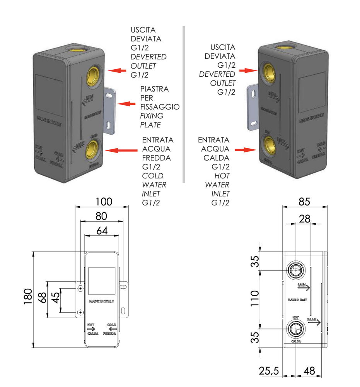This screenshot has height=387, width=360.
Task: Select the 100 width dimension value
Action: click(104, 202)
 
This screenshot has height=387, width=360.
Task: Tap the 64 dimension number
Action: click(102, 231)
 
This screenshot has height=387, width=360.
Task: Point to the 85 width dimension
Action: click(305, 202)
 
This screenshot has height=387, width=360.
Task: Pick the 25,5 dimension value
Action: click(269, 371)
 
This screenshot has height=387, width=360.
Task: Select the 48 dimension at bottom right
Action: click(309, 371)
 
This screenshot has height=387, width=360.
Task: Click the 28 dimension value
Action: click(305, 219)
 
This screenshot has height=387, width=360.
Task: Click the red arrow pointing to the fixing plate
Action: click(126, 104)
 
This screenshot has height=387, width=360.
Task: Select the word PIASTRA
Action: click(155, 89)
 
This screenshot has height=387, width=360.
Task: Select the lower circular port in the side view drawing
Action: click(296, 329)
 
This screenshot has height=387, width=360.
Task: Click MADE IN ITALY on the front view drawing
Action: click(102, 301)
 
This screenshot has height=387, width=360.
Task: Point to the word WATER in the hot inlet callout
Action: click(217, 185)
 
